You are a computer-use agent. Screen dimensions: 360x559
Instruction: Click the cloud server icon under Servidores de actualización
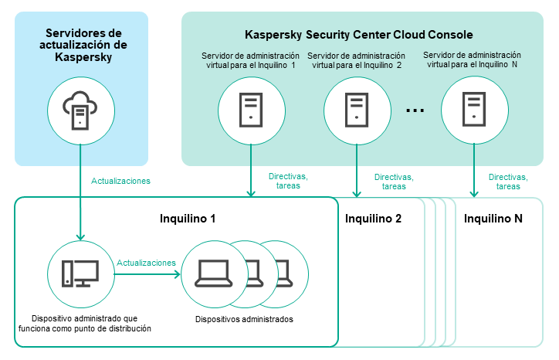(x=80, y=111)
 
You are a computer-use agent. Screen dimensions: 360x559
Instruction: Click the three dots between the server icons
(x=415, y=110)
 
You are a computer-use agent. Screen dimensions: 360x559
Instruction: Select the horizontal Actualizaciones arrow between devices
(x=147, y=273)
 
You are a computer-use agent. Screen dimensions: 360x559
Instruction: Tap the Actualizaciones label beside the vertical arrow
(x=120, y=182)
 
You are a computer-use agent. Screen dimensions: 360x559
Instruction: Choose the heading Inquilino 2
(x=373, y=219)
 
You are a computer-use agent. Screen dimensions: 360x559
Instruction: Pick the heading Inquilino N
(x=493, y=219)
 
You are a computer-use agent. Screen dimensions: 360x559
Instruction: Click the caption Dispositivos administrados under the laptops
(x=244, y=318)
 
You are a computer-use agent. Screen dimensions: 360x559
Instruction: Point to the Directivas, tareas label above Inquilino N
(x=508, y=182)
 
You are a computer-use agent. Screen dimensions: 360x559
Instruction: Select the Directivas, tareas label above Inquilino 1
(x=288, y=182)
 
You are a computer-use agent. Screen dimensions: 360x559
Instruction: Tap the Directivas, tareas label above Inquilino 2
(x=393, y=182)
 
